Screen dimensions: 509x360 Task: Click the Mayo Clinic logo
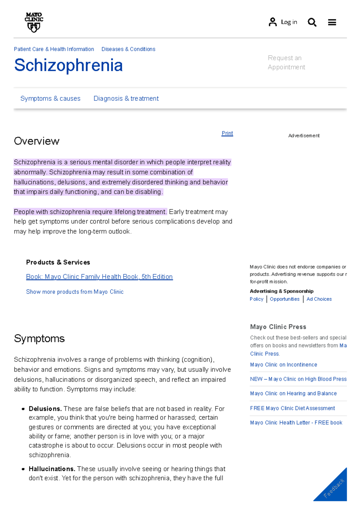34,22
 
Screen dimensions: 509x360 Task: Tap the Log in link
283,22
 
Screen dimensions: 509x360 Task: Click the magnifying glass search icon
312,22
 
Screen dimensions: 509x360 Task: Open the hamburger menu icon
332,22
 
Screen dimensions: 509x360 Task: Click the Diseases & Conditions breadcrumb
128,49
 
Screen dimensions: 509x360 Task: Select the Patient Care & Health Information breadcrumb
54,49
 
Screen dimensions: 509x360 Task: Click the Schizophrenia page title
68,65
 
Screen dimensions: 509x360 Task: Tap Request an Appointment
286,62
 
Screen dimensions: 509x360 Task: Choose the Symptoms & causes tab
50,98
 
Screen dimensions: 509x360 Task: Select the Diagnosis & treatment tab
126,98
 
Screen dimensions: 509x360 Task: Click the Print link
227,133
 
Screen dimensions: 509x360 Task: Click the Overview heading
37,141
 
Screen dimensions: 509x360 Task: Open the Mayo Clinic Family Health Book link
99,277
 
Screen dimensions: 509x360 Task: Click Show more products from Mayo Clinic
75,292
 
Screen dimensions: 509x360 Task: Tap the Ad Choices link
319,299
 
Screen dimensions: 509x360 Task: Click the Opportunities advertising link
284,299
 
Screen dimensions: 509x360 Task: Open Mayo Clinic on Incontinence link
283,365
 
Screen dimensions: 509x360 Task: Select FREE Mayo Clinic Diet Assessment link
292,408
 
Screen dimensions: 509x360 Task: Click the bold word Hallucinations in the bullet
52,469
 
